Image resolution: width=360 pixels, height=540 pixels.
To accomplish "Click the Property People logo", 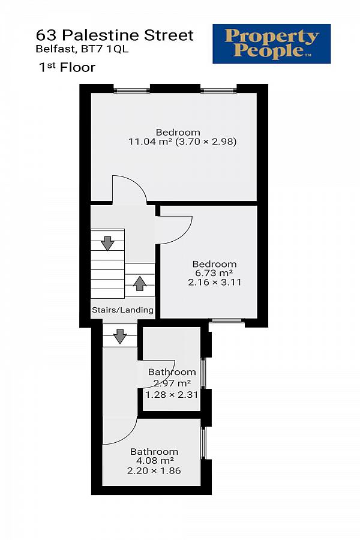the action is (x=271, y=44).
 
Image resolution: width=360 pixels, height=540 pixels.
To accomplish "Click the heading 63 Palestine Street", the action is (x=115, y=35).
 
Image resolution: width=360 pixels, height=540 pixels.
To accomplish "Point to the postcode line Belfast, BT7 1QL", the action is (x=82, y=49).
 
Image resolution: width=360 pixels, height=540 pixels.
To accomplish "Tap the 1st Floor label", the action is (x=67, y=67).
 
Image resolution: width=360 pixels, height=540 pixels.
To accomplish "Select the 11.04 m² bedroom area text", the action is (x=150, y=142).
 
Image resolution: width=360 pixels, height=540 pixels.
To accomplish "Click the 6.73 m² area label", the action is (x=214, y=273).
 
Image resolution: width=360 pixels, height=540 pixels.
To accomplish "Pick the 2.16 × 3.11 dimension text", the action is (x=215, y=283).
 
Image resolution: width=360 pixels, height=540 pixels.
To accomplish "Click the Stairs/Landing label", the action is (x=122, y=310).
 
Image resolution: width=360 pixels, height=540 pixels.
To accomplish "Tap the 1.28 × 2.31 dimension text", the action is (x=172, y=395).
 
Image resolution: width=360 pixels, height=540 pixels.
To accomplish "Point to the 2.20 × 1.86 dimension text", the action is (x=154, y=471).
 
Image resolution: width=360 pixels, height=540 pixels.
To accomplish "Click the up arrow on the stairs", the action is (x=140, y=283).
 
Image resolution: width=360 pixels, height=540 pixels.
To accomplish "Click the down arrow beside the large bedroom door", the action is (x=108, y=243).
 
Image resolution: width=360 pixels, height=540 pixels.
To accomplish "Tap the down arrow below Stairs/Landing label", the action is (x=120, y=336).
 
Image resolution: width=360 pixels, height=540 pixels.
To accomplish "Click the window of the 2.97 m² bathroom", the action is (x=203, y=373).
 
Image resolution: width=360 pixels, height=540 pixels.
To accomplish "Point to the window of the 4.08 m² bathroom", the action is (x=203, y=443).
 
